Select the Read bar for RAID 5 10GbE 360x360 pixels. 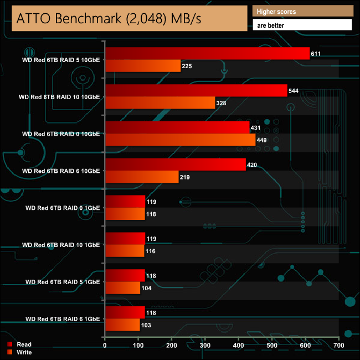coord(207,54)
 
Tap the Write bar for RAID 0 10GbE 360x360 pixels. coord(180,140)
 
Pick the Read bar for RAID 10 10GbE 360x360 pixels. coord(196,91)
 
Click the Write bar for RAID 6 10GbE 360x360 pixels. coord(142,177)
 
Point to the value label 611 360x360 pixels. coord(317,54)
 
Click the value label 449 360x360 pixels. coord(263,140)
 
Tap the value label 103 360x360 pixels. coord(147,325)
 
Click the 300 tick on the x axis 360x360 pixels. coord(205,346)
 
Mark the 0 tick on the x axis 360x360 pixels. coord(105,346)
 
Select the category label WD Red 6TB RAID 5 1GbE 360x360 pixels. coord(63,282)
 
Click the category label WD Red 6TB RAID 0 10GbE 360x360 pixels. coord(61,133)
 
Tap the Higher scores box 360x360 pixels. coord(302,11)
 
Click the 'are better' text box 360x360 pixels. coord(302,25)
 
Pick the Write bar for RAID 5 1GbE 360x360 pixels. coord(122,288)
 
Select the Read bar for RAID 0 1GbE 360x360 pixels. coord(125,202)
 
